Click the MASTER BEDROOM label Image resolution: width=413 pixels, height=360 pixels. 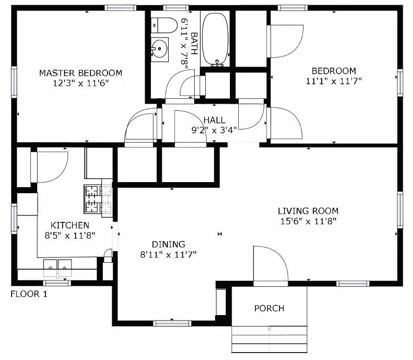click(x=81, y=73)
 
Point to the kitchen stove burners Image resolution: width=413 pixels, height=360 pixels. click(x=98, y=199)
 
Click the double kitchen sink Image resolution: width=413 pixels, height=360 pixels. click(x=58, y=267)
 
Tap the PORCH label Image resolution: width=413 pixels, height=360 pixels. click(x=269, y=308)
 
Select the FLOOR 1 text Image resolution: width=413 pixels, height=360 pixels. click(x=29, y=294)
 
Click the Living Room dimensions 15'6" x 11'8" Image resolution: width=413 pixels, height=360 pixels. click(x=308, y=221)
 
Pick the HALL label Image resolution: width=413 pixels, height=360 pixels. click(x=214, y=120)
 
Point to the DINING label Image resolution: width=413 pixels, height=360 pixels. click(x=169, y=244)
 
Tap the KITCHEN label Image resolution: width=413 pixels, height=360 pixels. click(x=70, y=225)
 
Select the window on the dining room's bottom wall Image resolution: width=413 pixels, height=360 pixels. click(x=172, y=323)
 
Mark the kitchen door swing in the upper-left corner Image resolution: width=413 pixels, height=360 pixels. click(x=50, y=166)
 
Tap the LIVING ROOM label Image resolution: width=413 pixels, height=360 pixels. click(x=308, y=211)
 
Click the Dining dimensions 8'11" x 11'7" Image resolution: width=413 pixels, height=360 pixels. click(x=169, y=254)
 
